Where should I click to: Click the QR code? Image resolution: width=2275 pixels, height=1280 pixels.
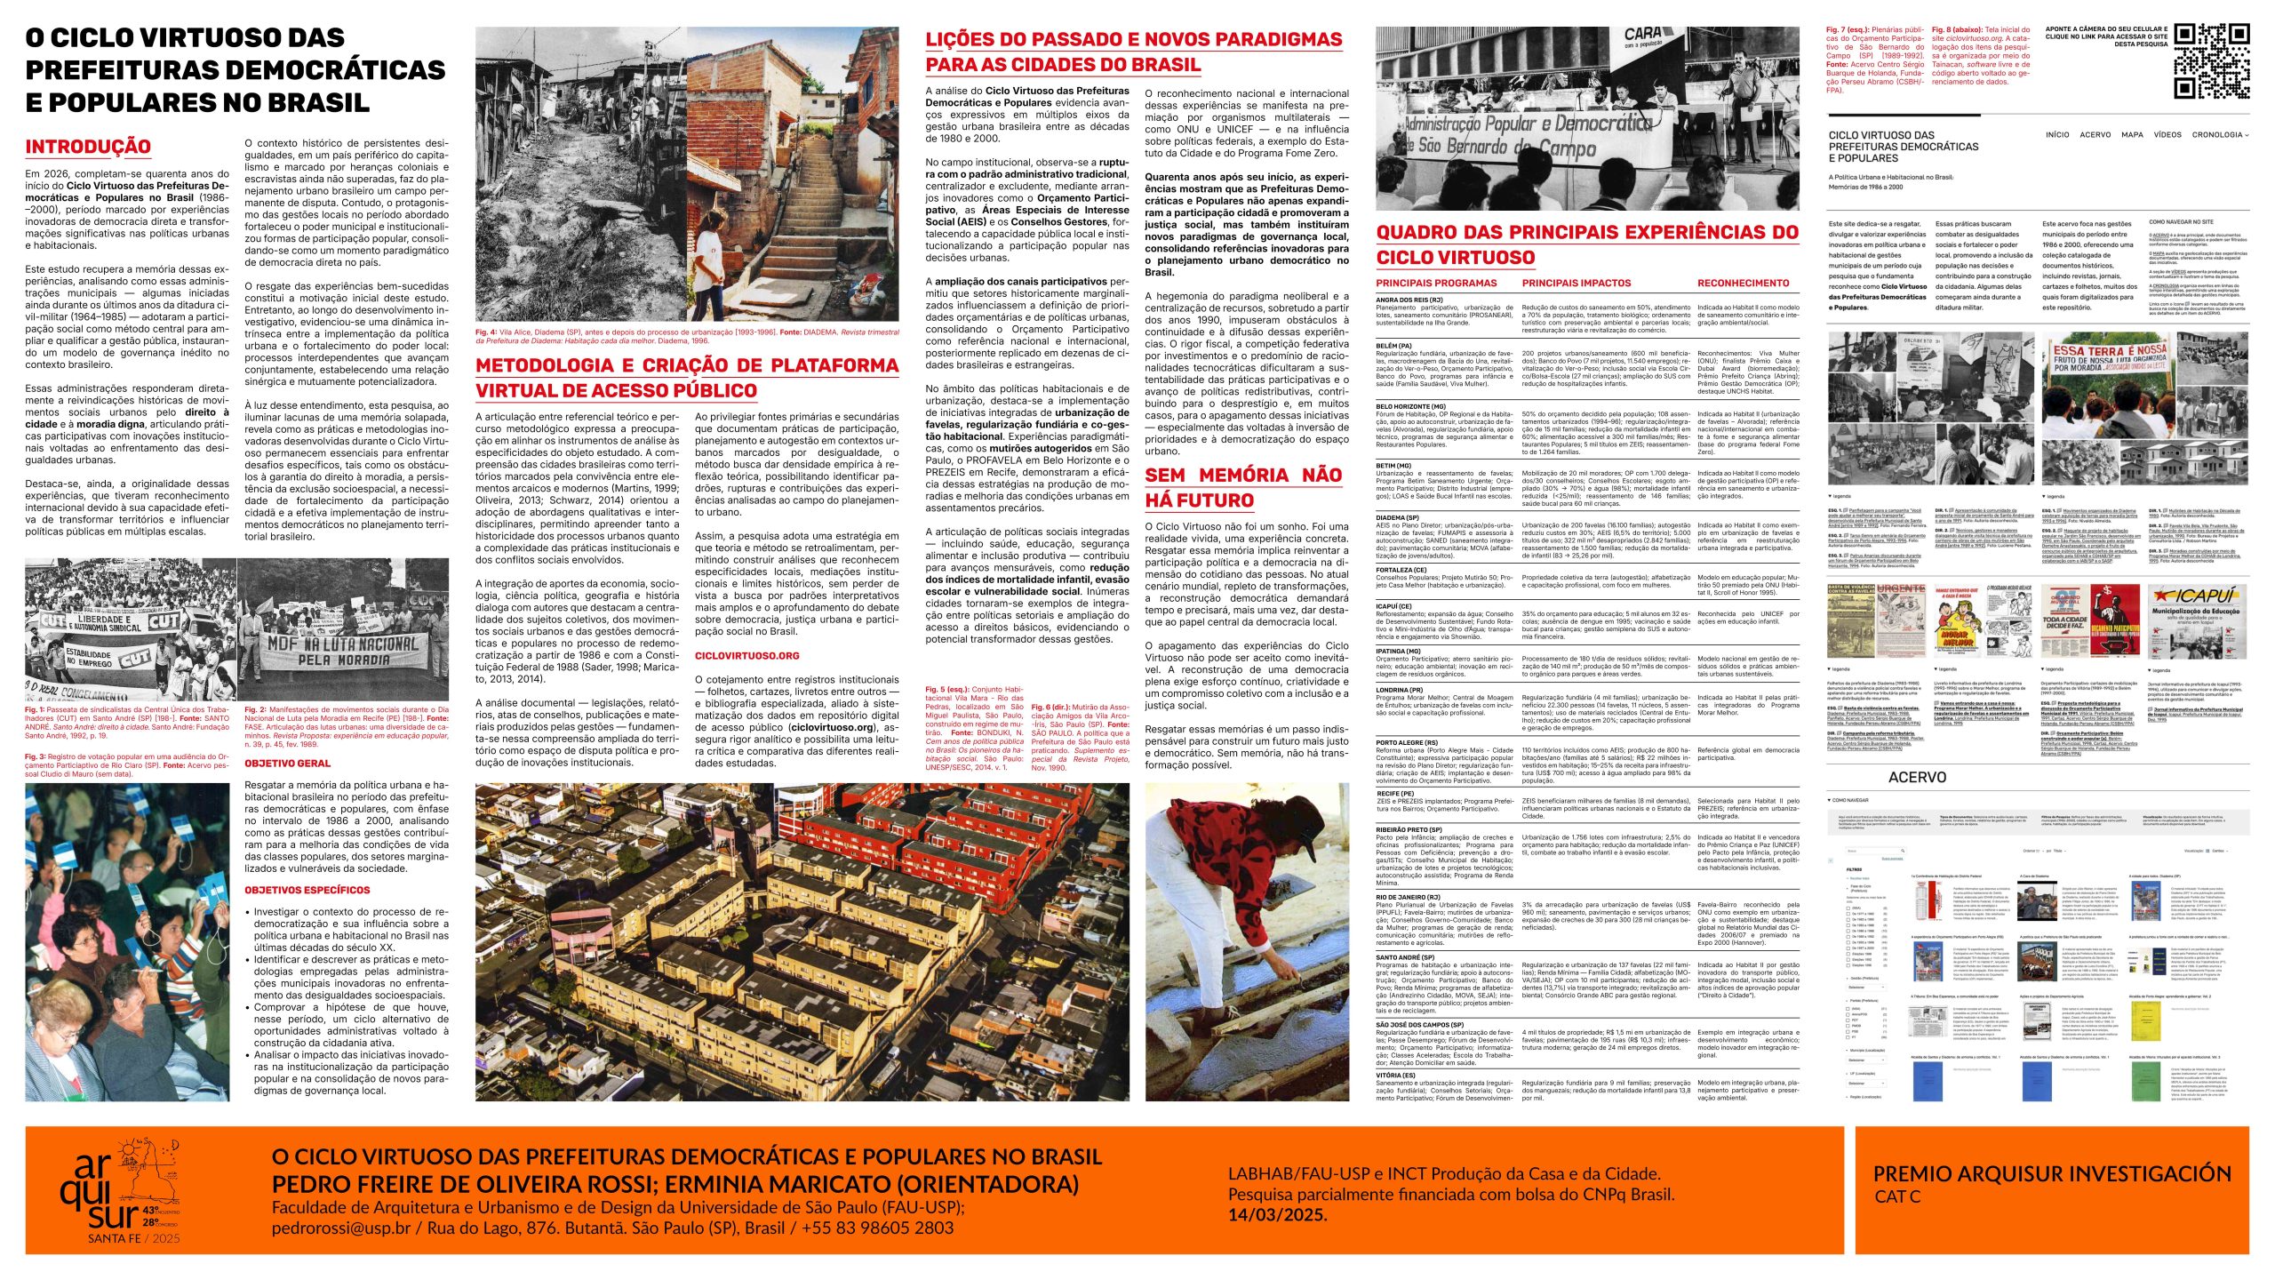click(2211, 60)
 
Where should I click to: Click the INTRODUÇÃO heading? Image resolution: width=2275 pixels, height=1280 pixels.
click(88, 147)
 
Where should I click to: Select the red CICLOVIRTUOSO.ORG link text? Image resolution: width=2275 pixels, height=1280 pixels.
click(746, 656)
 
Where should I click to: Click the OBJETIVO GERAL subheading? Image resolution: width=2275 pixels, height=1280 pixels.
click(287, 764)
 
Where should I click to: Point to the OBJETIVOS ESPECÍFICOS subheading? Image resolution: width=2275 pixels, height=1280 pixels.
click(307, 890)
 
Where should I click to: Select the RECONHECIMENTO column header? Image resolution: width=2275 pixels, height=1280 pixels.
click(1744, 284)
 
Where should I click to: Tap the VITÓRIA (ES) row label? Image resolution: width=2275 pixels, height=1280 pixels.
click(1396, 1076)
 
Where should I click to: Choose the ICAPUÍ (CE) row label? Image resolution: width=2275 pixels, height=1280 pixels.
click(1394, 607)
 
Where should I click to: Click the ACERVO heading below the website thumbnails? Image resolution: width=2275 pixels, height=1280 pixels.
click(1917, 778)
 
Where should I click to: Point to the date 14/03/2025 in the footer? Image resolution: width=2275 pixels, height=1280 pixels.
click(1278, 1215)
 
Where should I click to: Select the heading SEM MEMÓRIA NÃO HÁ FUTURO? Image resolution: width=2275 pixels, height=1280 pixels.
click(1242, 487)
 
